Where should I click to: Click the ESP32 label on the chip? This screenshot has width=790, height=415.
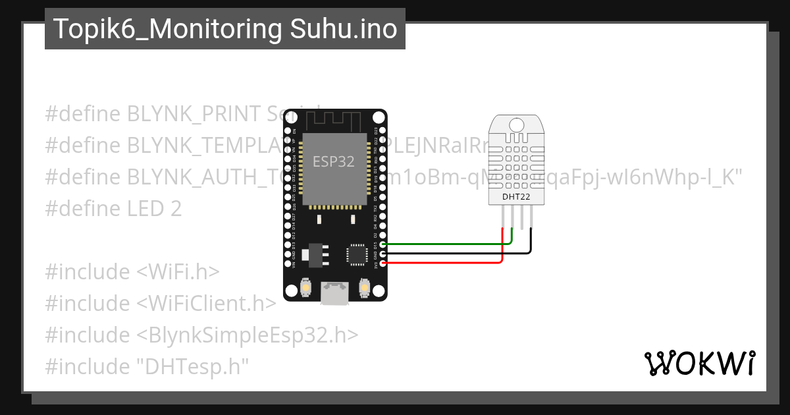click(333, 162)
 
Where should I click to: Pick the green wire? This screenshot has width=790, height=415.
click(448, 244)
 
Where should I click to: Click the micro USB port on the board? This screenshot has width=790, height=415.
click(335, 292)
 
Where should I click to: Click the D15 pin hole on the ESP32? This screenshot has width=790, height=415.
click(383, 244)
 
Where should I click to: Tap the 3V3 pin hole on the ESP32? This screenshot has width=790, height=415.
click(383, 263)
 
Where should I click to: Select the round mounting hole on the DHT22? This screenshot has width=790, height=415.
click(515, 124)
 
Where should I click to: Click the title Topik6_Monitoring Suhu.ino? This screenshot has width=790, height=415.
click(225, 29)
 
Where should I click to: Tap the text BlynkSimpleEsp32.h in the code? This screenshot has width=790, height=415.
click(248, 335)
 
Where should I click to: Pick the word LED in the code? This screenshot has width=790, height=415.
click(146, 209)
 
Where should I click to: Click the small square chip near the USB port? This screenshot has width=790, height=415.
click(356, 254)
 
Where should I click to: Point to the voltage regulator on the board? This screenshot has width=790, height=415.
click(312, 254)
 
